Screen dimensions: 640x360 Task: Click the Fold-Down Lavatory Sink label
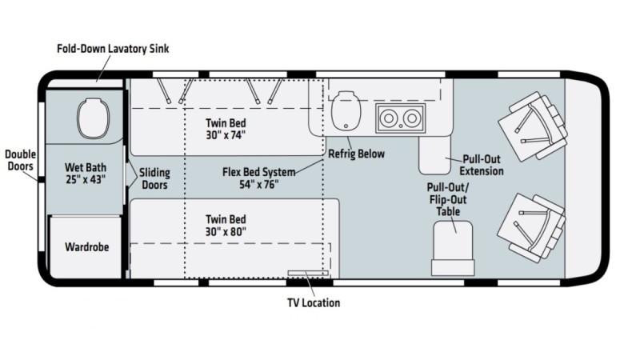coord(113,49)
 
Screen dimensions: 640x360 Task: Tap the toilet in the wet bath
coord(94,118)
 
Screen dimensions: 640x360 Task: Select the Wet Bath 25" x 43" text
coord(86,174)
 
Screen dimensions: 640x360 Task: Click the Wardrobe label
coord(87,247)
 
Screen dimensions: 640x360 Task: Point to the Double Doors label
coord(21,160)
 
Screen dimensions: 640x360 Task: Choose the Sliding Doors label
coord(154,178)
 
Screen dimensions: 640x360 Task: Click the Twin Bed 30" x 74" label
coord(226,129)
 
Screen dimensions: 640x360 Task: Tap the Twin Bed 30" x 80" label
coord(226,226)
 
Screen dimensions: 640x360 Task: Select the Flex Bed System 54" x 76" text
coord(258,178)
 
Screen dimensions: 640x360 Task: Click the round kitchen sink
coord(346,110)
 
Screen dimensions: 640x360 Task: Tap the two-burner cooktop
coord(401,118)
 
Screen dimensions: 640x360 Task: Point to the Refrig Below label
coord(356,154)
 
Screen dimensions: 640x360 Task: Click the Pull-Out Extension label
coord(482,165)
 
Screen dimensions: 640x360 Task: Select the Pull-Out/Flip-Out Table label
coord(448,199)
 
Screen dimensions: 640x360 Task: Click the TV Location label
coord(314,303)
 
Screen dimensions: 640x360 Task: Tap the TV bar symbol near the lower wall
coord(308,273)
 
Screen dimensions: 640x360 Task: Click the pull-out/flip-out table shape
coord(453,248)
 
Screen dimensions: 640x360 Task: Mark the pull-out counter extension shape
coord(434,155)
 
